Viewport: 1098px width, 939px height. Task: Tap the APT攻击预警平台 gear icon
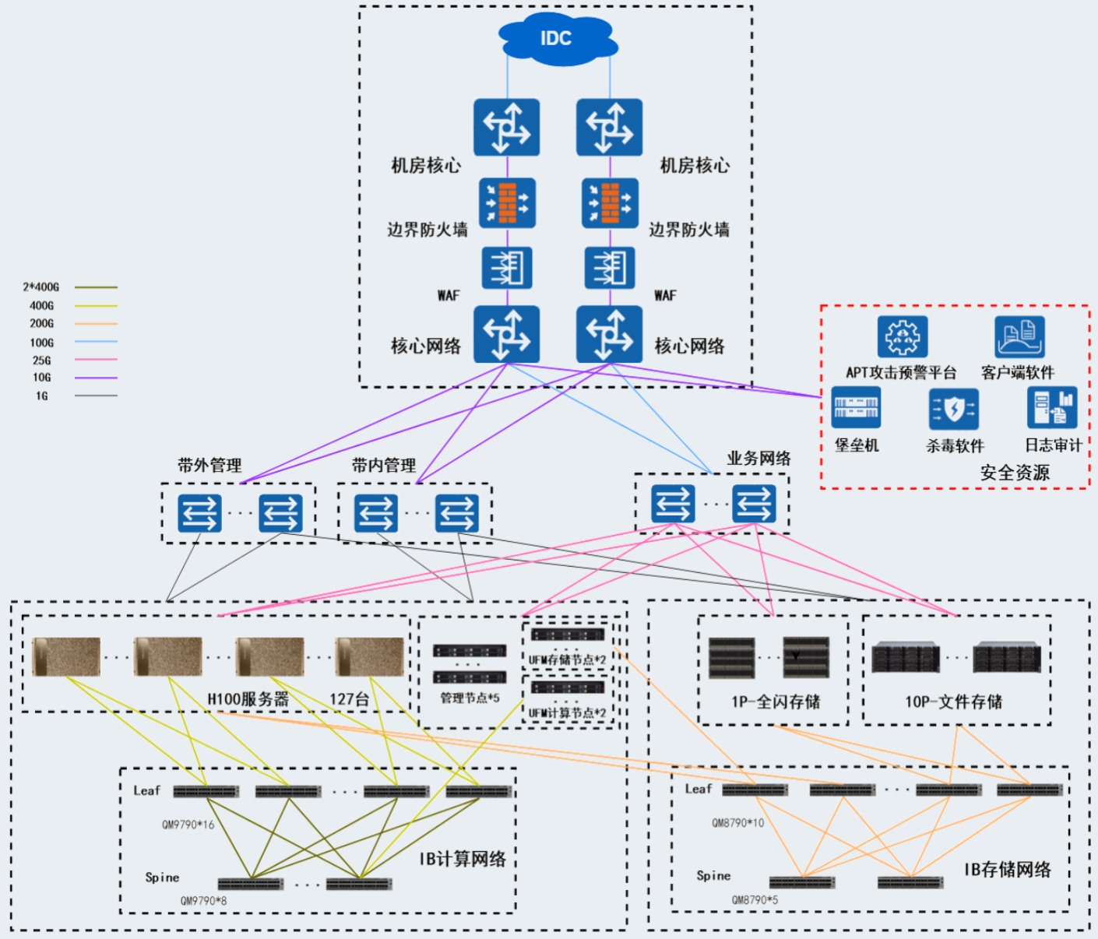tap(902, 336)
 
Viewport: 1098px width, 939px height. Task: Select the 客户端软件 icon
tap(1019, 336)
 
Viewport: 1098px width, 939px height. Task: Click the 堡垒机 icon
tap(856, 407)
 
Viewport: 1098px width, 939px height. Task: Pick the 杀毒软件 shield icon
tap(953, 409)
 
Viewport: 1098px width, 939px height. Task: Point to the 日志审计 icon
tap(1052, 407)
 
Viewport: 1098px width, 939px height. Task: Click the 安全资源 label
tap(1014, 473)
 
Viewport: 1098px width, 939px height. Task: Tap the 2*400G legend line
tap(96, 287)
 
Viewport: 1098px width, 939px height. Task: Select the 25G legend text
tap(42, 360)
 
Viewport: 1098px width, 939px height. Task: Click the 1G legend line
tap(96, 396)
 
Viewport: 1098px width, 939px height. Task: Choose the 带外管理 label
tap(209, 466)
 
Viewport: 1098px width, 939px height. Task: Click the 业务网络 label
tap(758, 459)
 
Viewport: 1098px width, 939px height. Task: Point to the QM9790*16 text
tap(188, 825)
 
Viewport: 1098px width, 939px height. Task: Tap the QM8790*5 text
tap(754, 899)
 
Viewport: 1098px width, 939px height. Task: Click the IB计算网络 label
tap(463, 859)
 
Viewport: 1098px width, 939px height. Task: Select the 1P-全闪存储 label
tap(776, 702)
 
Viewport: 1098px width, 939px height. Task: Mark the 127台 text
tap(349, 699)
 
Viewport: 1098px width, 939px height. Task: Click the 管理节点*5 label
tap(470, 698)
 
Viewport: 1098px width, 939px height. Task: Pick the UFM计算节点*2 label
tap(567, 712)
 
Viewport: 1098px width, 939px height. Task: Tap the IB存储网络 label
tap(1007, 870)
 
